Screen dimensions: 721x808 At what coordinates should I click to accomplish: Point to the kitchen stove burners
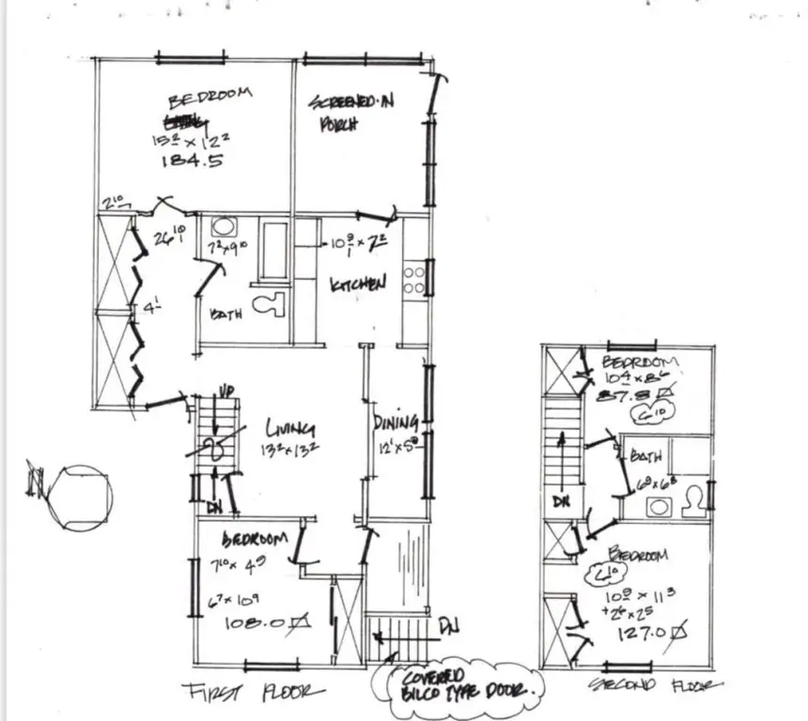[414, 279]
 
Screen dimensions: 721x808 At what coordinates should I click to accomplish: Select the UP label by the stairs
[226, 391]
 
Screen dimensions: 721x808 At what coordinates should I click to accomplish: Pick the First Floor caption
[254, 693]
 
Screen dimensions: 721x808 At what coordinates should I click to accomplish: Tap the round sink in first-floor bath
[224, 227]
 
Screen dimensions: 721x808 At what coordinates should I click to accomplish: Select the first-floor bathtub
[274, 251]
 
